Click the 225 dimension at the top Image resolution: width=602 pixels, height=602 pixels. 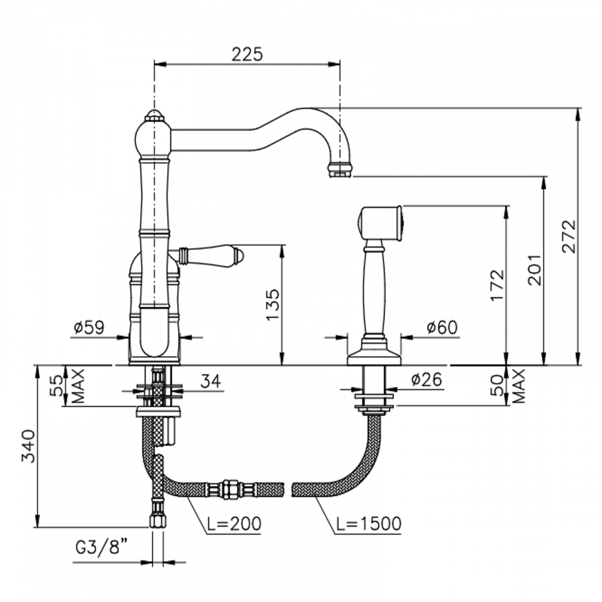click(247, 54)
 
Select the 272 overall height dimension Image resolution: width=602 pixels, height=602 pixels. click(569, 236)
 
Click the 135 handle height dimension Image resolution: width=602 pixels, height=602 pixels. click(273, 305)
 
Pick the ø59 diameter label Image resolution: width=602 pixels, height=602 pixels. click(89, 327)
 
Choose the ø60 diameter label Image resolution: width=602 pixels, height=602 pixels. click(441, 327)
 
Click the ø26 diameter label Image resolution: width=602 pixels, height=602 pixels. click(426, 380)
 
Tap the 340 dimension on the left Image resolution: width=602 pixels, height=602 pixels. click(29, 446)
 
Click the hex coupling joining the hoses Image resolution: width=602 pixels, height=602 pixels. click(229, 489)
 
